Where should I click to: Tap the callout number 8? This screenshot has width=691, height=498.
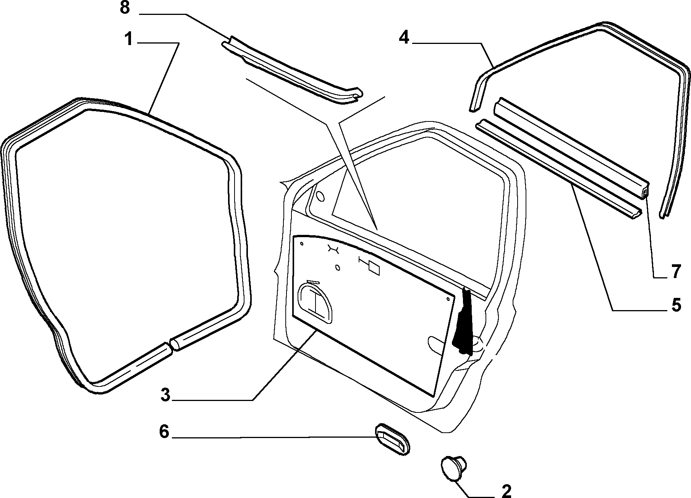pos(125,8)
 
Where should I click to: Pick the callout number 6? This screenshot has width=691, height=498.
pos(164,432)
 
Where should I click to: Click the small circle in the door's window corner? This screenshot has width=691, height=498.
pos(320,197)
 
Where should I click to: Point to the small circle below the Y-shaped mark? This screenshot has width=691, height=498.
pos(338,267)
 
